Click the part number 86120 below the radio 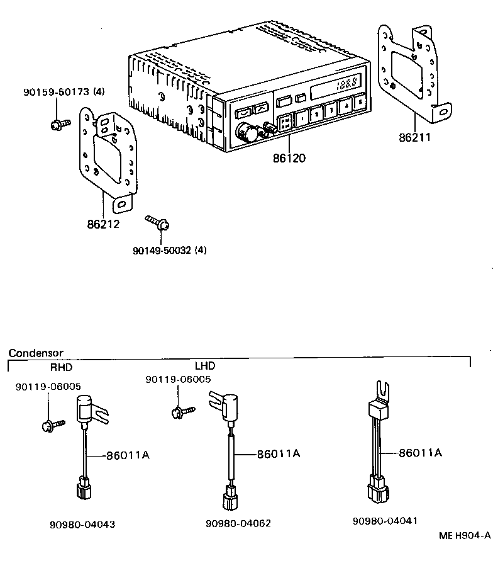[289, 158]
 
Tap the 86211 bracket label [415, 136]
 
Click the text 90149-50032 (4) [170, 250]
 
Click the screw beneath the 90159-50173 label [55, 124]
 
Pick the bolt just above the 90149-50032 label [157, 222]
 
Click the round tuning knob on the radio [242, 133]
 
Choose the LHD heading [204, 366]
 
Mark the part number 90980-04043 [82, 524]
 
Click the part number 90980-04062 [238, 523]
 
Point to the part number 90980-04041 [385, 521]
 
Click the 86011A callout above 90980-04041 [420, 452]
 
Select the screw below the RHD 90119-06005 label [49, 425]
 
